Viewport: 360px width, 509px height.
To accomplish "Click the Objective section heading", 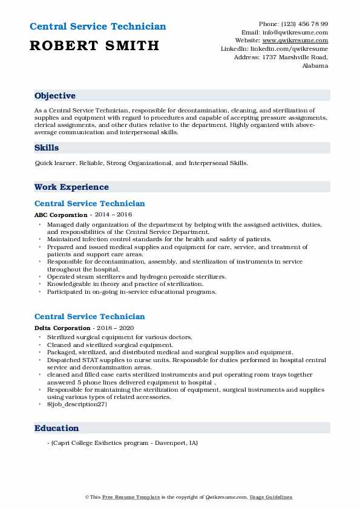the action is (55, 96).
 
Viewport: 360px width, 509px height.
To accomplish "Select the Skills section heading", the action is (47, 148).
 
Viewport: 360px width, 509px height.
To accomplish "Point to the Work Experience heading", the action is (71, 187).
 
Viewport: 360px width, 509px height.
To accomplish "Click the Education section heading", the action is (57, 428).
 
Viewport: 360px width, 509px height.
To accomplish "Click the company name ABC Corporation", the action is (61, 215).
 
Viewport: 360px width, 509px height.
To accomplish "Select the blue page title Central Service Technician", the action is (97, 27).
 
